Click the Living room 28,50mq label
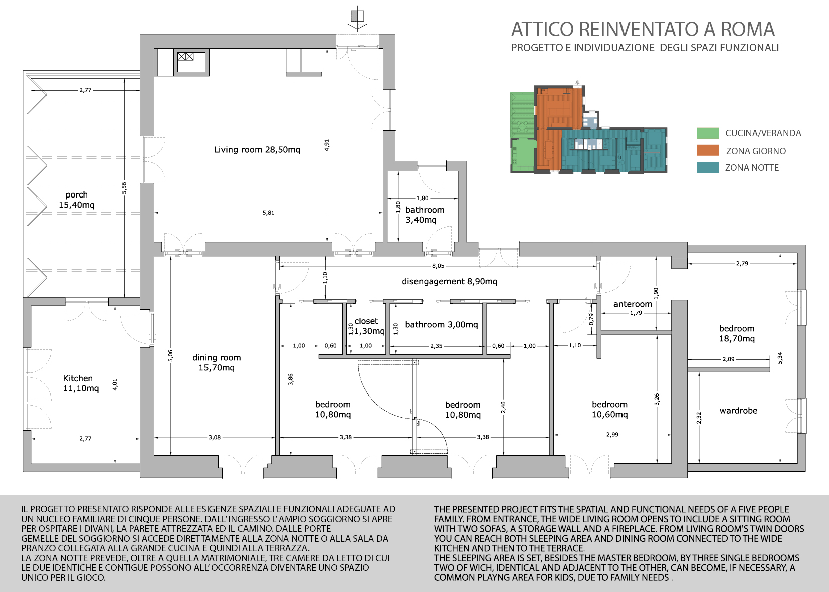[x=257, y=149]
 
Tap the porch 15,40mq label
[x=77, y=200]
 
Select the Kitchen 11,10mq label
[x=81, y=383]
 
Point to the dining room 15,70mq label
[x=217, y=362]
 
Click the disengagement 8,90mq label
[x=450, y=281]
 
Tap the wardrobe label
[x=738, y=410]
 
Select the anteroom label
[x=633, y=304]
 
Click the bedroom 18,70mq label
[x=737, y=333]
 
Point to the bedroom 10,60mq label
[x=609, y=409]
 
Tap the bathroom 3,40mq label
[x=425, y=215]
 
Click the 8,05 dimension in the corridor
[x=438, y=266]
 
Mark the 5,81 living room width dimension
[x=268, y=213]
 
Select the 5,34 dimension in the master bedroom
[x=780, y=357]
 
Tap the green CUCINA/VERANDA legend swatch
[x=708, y=133]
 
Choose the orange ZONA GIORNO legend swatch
[x=708, y=150]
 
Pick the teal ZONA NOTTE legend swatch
[x=708, y=168]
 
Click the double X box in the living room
[x=185, y=56]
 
